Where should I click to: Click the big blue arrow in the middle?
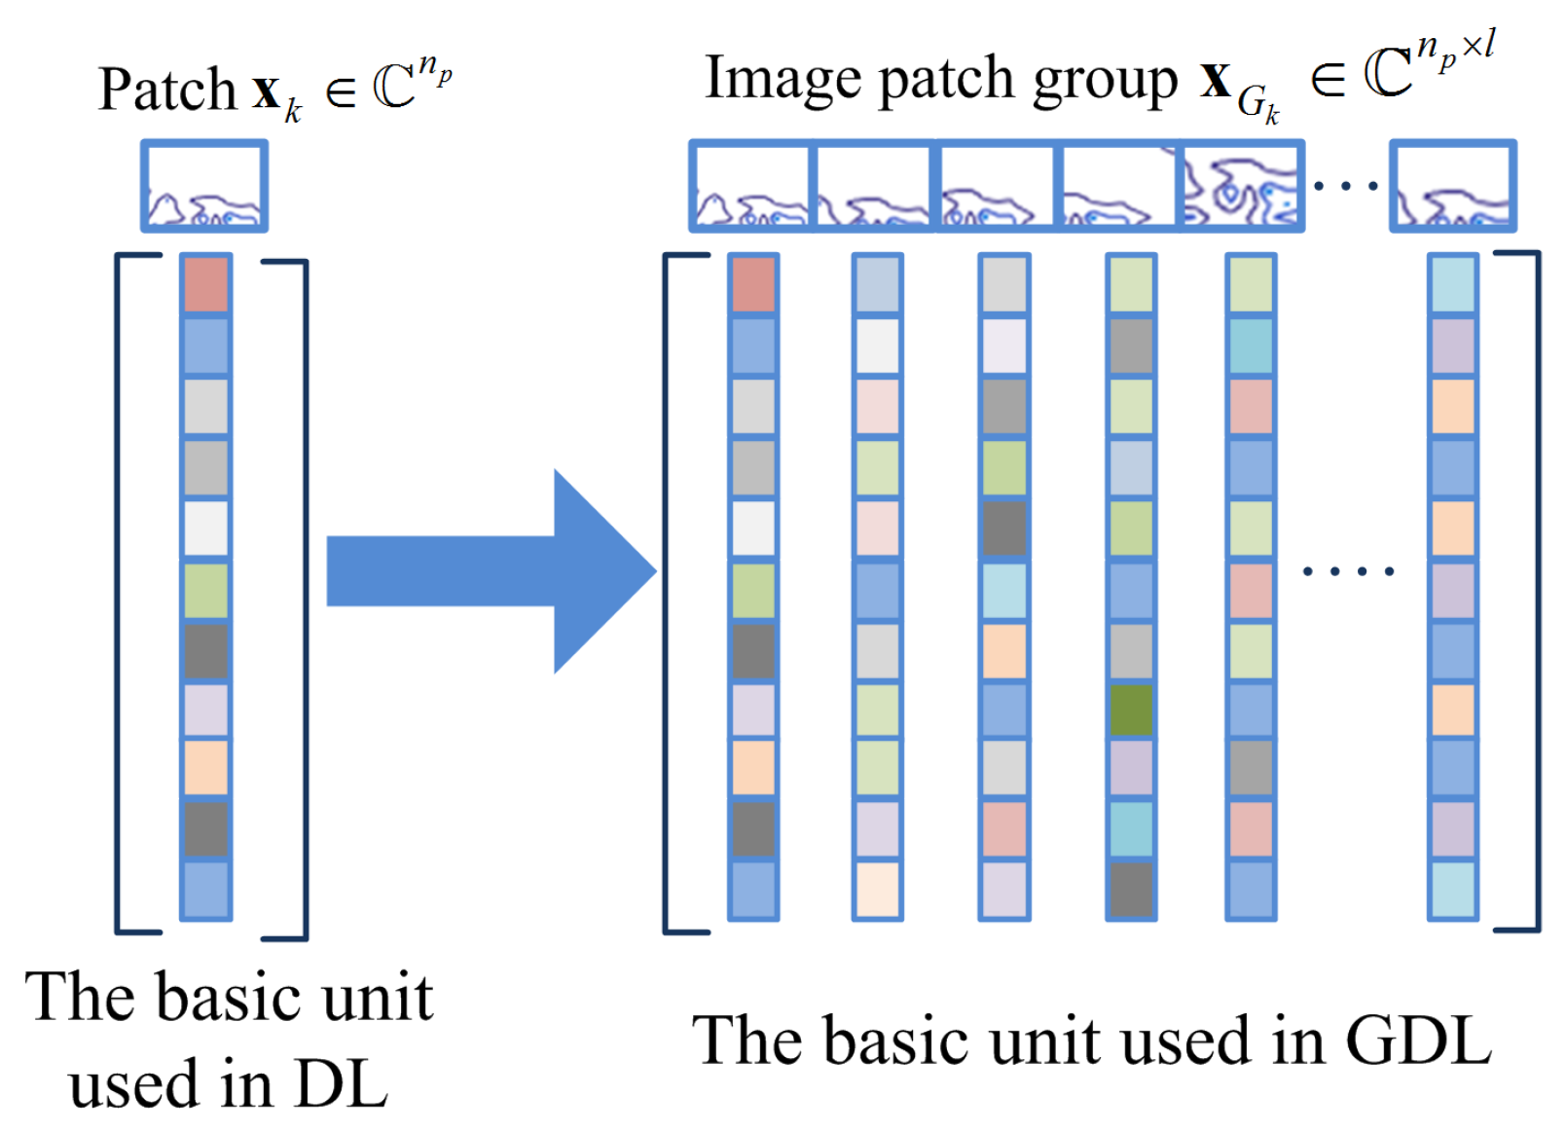[487, 571]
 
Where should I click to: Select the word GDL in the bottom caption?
[1418, 1041]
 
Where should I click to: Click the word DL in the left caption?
[341, 1083]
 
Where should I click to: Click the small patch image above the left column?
[204, 186]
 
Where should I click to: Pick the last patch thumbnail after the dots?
[1452, 186]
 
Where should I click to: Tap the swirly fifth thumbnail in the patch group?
[1240, 186]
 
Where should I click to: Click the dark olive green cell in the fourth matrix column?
[1131, 710]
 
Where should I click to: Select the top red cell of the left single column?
[205, 284]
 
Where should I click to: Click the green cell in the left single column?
[205, 590]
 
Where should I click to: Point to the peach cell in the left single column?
[205, 768]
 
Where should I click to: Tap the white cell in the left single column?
[205, 528]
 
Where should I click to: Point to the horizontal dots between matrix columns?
[1348, 571]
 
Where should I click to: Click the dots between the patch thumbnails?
[1346, 184]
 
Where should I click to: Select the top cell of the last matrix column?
[1452, 284]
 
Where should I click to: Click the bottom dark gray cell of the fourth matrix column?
[1131, 889]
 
